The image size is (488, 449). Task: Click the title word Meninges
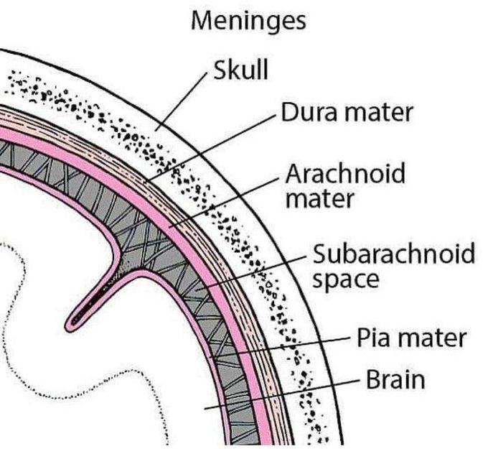[x=248, y=21]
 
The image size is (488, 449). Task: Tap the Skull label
[x=240, y=71]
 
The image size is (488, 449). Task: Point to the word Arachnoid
[x=345, y=174]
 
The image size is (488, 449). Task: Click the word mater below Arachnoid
[x=319, y=198]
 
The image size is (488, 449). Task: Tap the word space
[x=345, y=279]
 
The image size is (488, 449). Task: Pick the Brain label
[x=395, y=379]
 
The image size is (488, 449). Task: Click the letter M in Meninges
[x=200, y=21]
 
